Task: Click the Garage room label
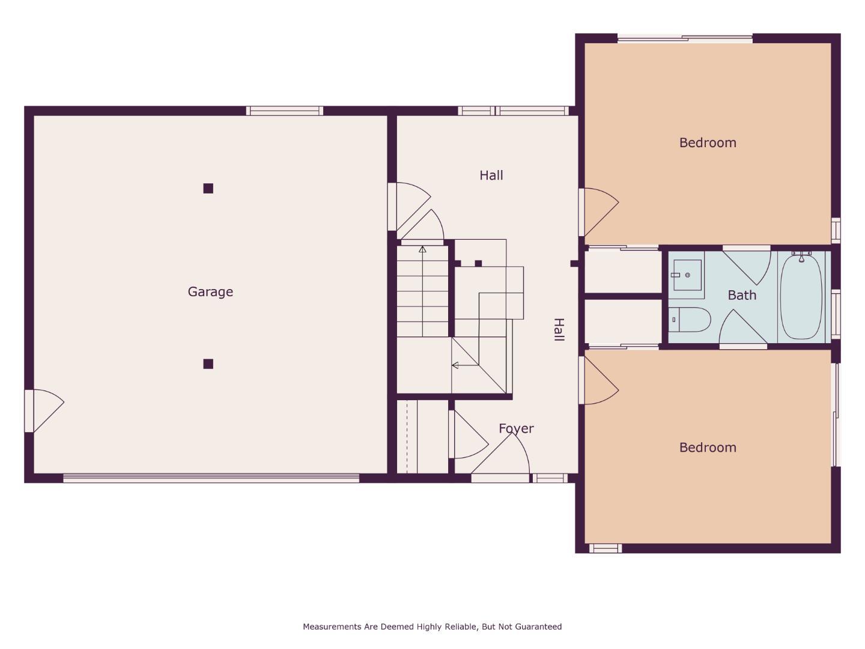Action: tap(210, 292)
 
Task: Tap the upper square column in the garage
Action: tap(208, 189)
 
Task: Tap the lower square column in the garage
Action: tap(208, 364)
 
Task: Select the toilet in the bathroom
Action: tap(691, 320)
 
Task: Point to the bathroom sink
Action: tap(687, 275)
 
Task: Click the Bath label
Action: tap(742, 295)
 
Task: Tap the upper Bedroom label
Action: tap(708, 143)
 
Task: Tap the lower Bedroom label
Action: tap(708, 448)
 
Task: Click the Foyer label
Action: tap(516, 428)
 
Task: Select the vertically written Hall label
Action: tap(559, 329)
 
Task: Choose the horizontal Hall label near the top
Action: tap(491, 175)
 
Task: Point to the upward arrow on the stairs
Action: tap(422, 249)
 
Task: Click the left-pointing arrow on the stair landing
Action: tap(455, 365)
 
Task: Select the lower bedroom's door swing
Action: tap(599, 381)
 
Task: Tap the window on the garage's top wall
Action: tap(284, 111)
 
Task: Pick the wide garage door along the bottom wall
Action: tap(211, 478)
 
